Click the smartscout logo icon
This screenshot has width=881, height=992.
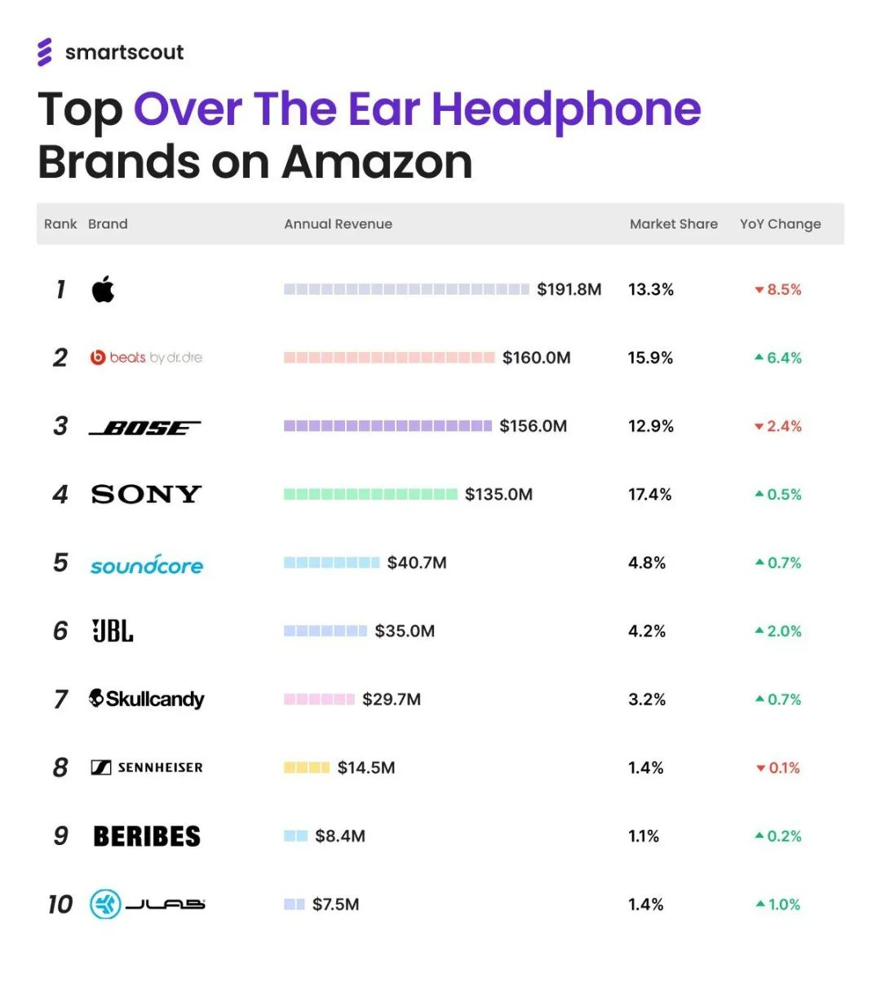(x=45, y=51)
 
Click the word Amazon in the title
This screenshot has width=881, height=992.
(x=377, y=162)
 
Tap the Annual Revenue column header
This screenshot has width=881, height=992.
(x=338, y=224)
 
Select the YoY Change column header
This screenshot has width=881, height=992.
(x=780, y=224)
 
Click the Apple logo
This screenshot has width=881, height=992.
(x=103, y=289)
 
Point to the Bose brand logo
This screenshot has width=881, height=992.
(x=144, y=427)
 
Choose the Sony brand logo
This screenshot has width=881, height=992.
(x=146, y=494)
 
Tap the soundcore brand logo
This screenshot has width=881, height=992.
(x=147, y=563)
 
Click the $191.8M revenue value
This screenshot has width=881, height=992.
(x=569, y=289)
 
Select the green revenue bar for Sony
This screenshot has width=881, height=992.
(x=370, y=494)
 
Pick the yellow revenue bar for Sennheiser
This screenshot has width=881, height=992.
(x=307, y=767)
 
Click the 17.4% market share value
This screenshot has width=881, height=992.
(x=649, y=494)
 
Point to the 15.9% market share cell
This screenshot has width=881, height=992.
(x=650, y=358)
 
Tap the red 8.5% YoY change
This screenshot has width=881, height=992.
(x=778, y=289)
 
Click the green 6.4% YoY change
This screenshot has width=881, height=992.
(x=778, y=358)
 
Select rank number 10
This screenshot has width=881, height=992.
(x=60, y=905)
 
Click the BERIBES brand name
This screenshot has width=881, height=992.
(x=147, y=836)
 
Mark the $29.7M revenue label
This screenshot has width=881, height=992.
(x=392, y=699)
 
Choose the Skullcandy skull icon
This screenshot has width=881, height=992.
(x=97, y=698)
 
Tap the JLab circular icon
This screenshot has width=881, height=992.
(x=105, y=904)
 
